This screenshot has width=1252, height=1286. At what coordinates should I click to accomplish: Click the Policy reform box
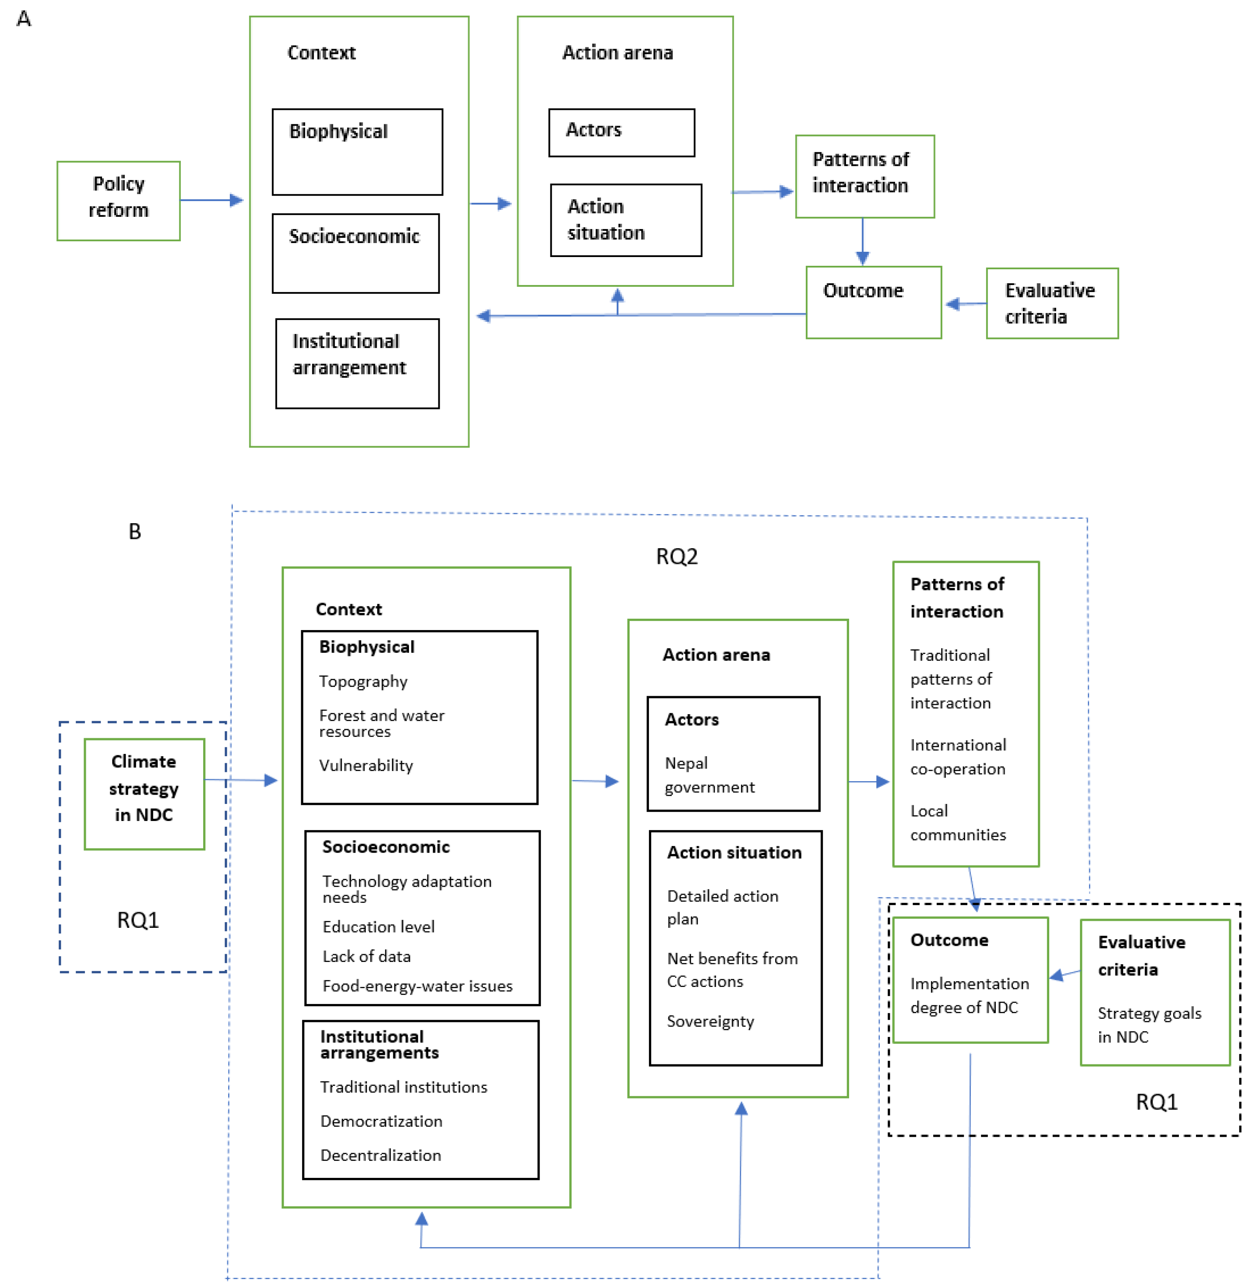pyautogui.click(x=118, y=201)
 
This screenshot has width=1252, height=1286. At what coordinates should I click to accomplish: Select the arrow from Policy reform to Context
pyautogui.click(x=211, y=200)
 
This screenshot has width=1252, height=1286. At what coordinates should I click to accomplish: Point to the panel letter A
pyautogui.click(x=24, y=18)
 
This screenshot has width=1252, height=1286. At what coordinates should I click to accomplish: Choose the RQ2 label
pyautogui.click(x=676, y=556)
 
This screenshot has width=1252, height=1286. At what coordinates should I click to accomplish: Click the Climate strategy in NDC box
pyautogui.click(x=144, y=793)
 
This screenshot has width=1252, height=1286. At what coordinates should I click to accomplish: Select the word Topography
pyautogui.click(x=363, y=681)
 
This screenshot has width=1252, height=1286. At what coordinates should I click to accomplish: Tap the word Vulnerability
pyautogui.click(x=366, y=765)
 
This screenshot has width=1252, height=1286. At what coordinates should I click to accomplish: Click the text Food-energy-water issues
pyautogui.click(x=417, y=986)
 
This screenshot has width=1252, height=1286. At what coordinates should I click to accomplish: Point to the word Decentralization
pyautogui.click(x=380, y=1155)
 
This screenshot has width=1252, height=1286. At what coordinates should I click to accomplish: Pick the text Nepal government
pyautogui.click(x=709, y=775)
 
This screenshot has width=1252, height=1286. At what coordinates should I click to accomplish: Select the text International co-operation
pyautogui.click(x=957, y=757)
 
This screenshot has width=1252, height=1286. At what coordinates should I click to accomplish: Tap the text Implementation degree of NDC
pyautogui.click(x=969, y=995)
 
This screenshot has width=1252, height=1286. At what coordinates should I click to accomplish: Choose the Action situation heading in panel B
pyautogui.click(x=734, y=852)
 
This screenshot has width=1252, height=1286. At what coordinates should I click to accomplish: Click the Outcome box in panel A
pyautogui.click(x=873, y=303)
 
